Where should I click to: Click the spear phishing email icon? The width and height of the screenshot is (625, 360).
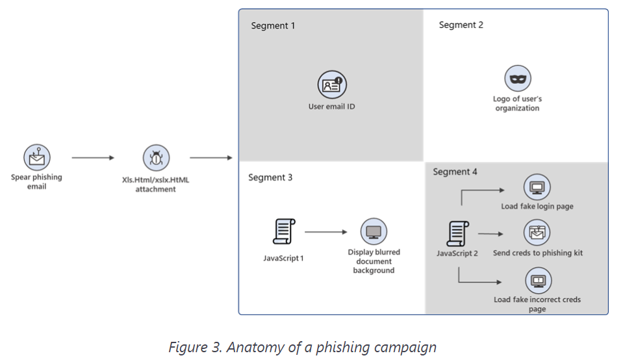(x=37, y=157)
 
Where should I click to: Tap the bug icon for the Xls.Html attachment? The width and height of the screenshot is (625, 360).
(x=156, y=158)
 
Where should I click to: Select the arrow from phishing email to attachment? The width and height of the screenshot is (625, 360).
(x=93, y=158)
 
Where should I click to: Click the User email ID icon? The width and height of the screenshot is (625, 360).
(x=332, y=85)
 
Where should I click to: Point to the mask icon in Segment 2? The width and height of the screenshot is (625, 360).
(x=518, y=79)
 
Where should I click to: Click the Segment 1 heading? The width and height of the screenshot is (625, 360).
(x=273, y=25)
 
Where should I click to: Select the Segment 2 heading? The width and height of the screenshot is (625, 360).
(x=461, y=25)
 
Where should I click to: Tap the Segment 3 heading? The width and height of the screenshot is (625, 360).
(x=270, y=177)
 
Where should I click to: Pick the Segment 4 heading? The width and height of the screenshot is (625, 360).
(x=455, y=172)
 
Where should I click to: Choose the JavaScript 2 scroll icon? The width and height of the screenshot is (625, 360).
(x=457, y=233)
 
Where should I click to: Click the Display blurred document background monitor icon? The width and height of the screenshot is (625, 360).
(x=374, y=231)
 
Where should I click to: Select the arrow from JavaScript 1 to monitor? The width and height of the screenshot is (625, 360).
(x=327, y=231)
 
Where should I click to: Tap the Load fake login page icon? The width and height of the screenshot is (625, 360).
(x=537, y=188)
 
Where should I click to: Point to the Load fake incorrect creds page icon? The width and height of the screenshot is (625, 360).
(x=537, y=281)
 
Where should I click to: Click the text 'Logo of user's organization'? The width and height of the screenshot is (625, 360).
(x=517, y=104)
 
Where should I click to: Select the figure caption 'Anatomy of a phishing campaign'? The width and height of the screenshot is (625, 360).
(x=302, y=347)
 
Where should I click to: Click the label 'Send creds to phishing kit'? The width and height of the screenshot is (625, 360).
(x=537, y=253)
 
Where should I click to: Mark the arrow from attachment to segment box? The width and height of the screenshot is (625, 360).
(x=210, y=158)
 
